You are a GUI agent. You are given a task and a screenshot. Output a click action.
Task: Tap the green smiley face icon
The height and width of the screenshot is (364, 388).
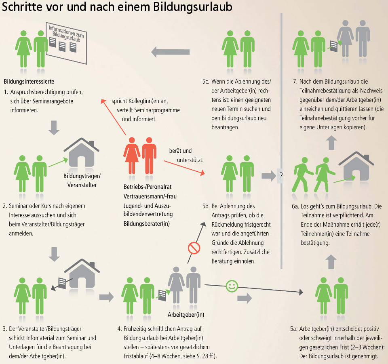231,286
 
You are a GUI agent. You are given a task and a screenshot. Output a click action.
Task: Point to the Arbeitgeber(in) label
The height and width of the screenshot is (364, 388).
186,314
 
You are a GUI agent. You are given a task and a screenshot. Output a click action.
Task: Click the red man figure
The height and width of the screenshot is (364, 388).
149,156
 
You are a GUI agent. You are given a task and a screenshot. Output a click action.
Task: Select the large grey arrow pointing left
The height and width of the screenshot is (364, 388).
170,52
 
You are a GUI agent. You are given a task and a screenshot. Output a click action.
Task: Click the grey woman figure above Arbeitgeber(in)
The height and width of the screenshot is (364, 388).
176,285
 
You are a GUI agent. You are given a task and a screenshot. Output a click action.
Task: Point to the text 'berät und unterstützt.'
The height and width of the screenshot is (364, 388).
186,156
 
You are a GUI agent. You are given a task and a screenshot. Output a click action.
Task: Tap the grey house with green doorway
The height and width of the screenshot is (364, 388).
355,168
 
